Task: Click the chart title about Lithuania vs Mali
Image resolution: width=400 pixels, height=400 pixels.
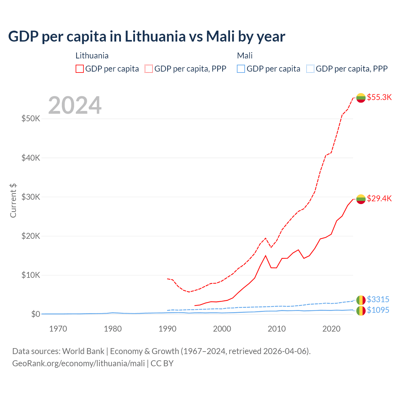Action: pos(146,36)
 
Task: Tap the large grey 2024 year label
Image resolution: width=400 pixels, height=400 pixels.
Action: pos(75,105)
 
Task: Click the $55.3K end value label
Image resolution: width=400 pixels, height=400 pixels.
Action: pos(379,97)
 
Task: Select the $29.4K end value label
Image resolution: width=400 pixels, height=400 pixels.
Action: pos(379,198)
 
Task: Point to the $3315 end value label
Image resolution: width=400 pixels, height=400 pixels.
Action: pos(378,299)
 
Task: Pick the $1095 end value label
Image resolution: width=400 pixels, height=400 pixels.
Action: pos(378,310)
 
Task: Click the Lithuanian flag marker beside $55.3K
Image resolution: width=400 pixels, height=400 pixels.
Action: pos(361,98)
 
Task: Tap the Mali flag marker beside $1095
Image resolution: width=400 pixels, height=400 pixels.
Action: pos(361,311)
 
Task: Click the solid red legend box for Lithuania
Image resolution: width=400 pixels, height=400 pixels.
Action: pos(80,69)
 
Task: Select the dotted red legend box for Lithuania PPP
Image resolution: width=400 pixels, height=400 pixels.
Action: pos(149,69)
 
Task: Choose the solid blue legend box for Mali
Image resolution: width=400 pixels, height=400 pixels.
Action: pos(241,69)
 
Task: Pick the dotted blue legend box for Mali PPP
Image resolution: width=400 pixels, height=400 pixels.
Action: pos(310,69)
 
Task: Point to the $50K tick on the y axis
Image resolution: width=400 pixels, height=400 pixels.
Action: pos(31,119)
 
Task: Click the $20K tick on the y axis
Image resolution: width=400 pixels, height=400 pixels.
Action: pos(31,236)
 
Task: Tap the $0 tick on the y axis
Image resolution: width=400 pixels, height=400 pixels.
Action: pos(35,314)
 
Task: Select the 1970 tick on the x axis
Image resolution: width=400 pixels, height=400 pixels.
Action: pos(58,329)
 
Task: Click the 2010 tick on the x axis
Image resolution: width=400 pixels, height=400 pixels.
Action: pos(277,329)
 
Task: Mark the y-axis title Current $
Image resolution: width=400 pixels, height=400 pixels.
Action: pos(13,201)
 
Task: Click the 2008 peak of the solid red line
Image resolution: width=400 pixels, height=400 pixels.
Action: pos(266,256)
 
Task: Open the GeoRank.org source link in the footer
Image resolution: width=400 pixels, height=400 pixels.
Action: pos(78,363)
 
